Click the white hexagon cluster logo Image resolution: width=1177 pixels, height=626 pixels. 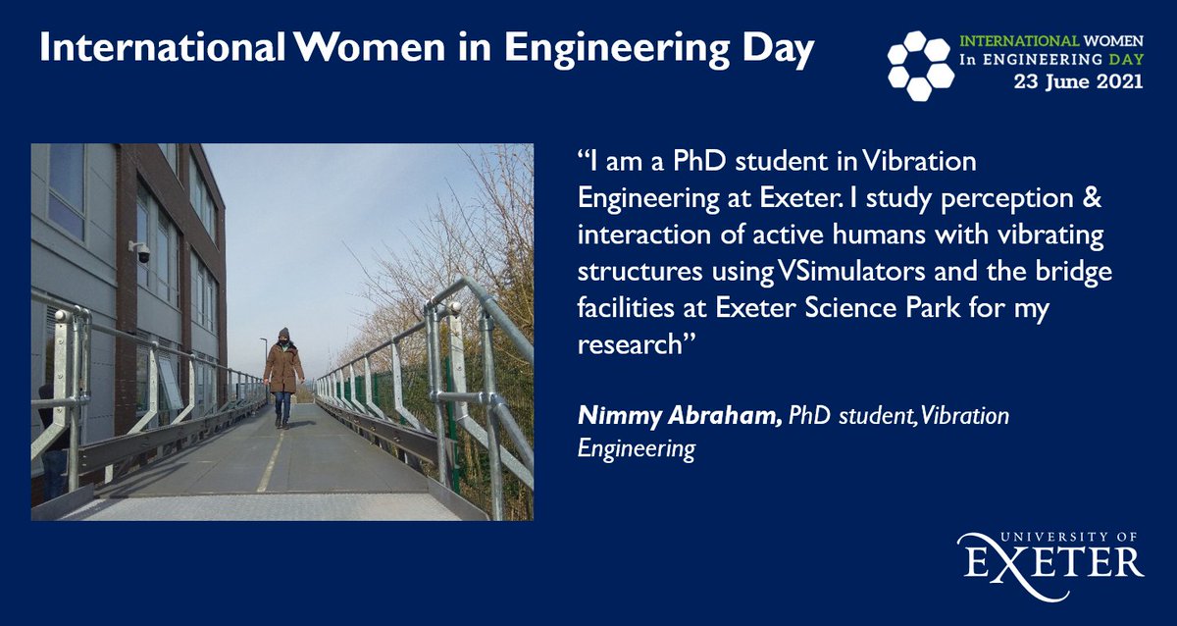(x=919, y=64)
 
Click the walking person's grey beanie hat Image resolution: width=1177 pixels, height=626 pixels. (x=283, y=335)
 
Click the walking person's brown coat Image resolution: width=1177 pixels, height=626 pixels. (x=283, y=369)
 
